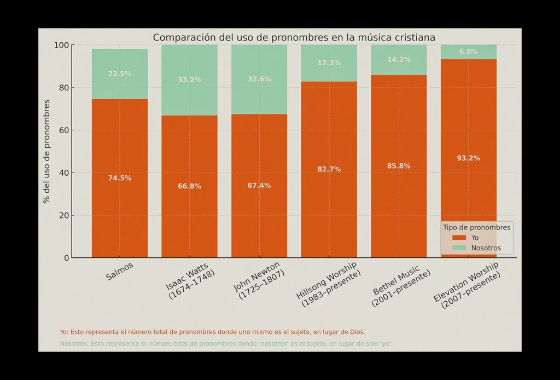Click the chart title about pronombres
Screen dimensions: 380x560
pos(294,38)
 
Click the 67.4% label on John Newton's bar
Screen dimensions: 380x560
pos(259,186)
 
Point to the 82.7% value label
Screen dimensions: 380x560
pos(329,169)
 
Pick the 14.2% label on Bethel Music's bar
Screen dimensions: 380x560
pos(399,60)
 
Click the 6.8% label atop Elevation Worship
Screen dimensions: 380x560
pos(469,52)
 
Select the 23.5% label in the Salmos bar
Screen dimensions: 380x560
pos(119,74)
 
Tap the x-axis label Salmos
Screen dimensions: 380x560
pos(120,271)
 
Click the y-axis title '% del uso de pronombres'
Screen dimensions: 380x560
pos(47,151)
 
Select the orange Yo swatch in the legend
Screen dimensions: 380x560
pos(459,238)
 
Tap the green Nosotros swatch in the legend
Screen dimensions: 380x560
pos(459,248)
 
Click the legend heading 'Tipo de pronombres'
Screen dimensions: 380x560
pos(476,227)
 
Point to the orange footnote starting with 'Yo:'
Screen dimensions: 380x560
pos(212,332)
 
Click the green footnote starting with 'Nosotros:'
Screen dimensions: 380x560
pos(226,344)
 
